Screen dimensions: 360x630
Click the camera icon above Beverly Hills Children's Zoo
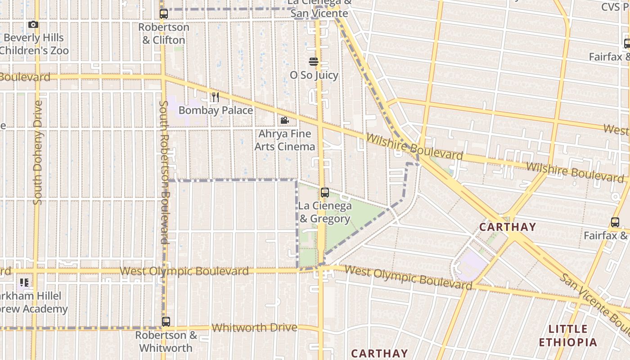[x=33, y=25]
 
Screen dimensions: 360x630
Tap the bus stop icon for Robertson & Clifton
[x=164, y=14]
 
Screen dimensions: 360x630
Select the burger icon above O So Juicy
[x=314, y=62]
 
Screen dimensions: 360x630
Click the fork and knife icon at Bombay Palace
[x=215, y=97]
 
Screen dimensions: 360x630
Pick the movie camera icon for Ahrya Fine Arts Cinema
[x=284, y=120]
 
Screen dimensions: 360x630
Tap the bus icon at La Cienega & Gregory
[x=325, y=193]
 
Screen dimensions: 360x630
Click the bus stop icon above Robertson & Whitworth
[x=166, y=322]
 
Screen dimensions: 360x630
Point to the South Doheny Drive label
[x=38, y=153]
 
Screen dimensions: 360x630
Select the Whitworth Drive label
[x=254, y=328]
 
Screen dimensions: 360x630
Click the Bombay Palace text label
[x=216, y=110]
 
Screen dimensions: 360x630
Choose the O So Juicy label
[x=314, y=75]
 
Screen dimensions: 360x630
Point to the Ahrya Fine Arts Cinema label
[x=285, y=140]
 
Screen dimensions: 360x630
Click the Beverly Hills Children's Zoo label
[x=34, y=44]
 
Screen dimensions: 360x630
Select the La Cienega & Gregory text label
[x=325, y=212]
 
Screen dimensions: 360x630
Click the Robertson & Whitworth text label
[x=166, y=342]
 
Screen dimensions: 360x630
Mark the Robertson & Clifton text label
[x=164, y=33]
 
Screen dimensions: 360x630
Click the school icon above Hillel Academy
[x=24, y=283]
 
